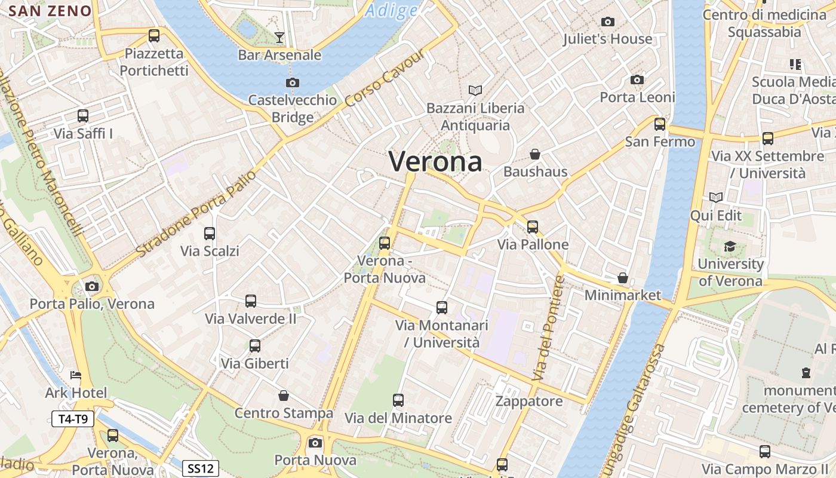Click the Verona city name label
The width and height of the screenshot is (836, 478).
click(x=435, y=161)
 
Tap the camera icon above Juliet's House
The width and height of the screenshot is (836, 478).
click(x=608, y=22)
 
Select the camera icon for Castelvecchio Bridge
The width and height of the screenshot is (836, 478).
click(x=292, y=83)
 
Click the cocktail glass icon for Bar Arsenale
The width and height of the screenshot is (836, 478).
click(x=279, y=38)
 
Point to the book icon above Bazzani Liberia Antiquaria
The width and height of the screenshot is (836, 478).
click(x=475, y=90)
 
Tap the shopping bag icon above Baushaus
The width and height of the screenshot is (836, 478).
click(x=535, y=154)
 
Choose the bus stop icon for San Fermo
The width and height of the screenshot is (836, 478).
click(x=660, y=124)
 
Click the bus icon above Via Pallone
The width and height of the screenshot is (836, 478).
click(x=533, y=227)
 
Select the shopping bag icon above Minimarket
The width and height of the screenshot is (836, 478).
click(x=623, y=278)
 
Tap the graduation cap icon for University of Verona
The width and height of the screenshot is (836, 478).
click(x=730, y=246)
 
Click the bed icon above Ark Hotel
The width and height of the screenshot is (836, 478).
click(x=76, y=375)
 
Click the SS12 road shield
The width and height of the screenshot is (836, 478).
click(x=200, y=468)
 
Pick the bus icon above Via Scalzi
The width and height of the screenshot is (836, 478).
click(x=210, y=234)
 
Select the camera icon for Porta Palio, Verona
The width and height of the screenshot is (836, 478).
click(x=92, y=287)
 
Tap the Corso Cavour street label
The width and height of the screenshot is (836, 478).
click(x=385, y=79)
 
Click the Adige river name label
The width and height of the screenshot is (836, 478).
click(x=392, y=10)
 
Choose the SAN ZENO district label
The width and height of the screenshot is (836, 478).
click(x=51, y=11)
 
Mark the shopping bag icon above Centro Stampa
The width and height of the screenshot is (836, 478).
click(x=284, y=396)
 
